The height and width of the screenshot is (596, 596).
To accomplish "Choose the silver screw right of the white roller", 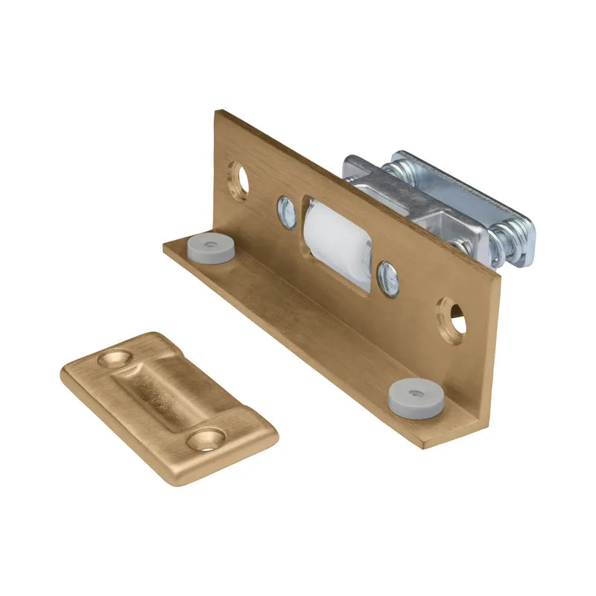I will click(387, 278).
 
